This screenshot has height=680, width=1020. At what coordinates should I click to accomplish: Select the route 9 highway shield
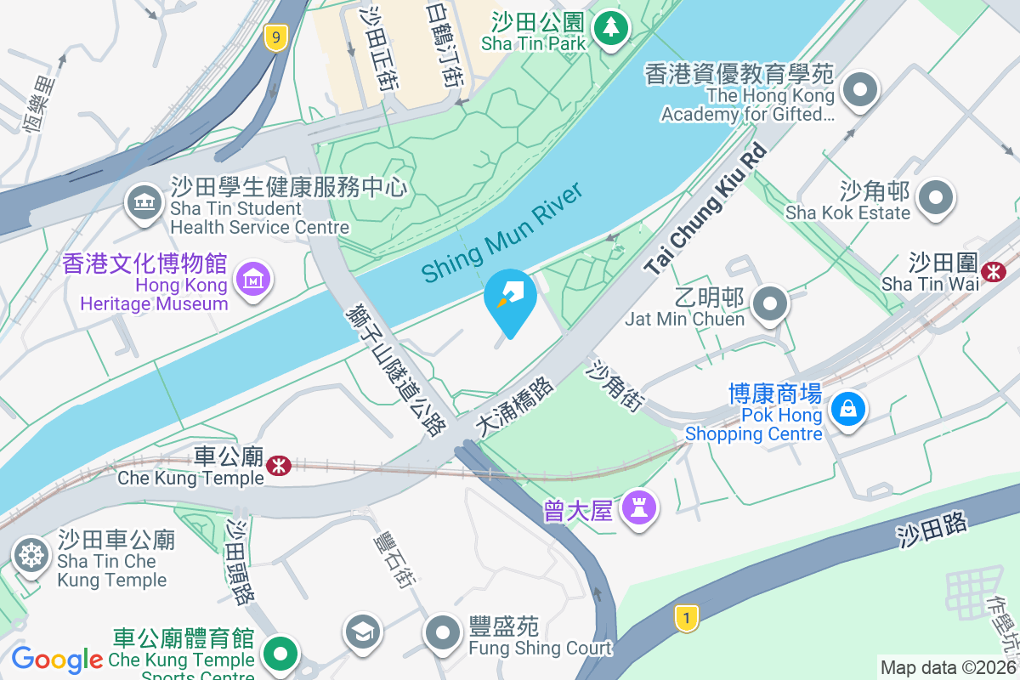click(x=274, y=37)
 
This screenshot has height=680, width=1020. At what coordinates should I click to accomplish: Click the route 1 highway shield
click(x=686, y=617)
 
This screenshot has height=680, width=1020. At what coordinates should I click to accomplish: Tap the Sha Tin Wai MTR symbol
click(x=993, y=271)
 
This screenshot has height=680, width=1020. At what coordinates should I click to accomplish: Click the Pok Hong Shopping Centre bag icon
click(x=848, y=409)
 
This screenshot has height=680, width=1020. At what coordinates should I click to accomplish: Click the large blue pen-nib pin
click(x=510, y=299)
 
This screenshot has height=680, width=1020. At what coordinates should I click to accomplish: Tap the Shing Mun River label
click(x=503, y=232)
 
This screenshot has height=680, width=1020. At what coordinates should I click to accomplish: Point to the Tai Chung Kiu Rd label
click(x=705, y=209)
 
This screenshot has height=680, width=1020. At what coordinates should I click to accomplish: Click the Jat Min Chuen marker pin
click(x=771, y=304)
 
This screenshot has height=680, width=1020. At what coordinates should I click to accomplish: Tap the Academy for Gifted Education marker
click(x=860, y=89)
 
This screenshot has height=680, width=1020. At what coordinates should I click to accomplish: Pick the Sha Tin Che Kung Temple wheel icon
click(x=31, y=555)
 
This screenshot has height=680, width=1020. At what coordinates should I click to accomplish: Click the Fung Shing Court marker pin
click(x=442, y=633)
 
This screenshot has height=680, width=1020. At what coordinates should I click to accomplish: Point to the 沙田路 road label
click(x=932, y=530)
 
